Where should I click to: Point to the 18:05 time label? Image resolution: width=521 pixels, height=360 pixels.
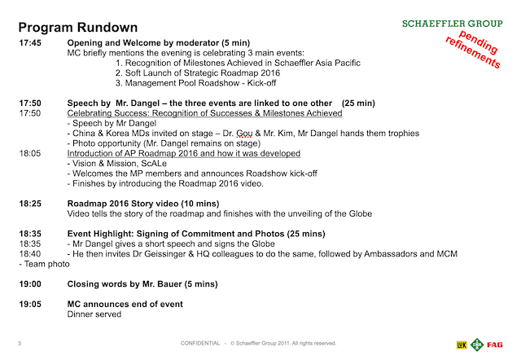(33, 153)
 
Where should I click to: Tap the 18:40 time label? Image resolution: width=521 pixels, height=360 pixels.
(33, 254)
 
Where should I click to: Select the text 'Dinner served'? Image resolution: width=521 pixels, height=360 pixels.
(94, 314)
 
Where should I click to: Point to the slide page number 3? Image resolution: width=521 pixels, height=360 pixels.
(20, 343)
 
